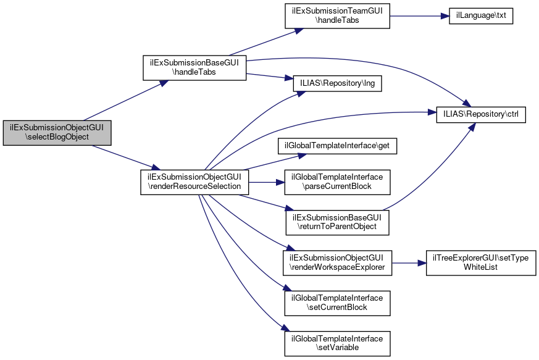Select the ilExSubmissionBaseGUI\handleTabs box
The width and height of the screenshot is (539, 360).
(x=195, y=68)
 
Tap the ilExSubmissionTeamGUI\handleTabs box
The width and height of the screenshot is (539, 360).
(x=337, y=15)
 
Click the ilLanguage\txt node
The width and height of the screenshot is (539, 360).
(x=476, y=15)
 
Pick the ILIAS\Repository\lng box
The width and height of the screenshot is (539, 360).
(x=337, y=84)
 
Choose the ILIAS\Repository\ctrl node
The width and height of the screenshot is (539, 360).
(x=481, y=115)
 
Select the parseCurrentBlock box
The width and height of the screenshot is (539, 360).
(x=337, y=182)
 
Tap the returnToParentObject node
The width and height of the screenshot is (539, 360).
(x=337, y=222)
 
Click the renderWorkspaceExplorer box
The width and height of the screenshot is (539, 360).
(x=337, y=262)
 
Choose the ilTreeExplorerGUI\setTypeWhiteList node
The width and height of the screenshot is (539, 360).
(x=481, y=262)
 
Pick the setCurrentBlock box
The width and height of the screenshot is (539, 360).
(x=337, y=303)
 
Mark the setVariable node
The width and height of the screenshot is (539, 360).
(x=337, y=343)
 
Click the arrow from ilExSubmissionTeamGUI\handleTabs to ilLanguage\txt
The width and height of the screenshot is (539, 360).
(x=414, y=15)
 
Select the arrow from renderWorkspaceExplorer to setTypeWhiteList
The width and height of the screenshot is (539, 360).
(x=408, y=262)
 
